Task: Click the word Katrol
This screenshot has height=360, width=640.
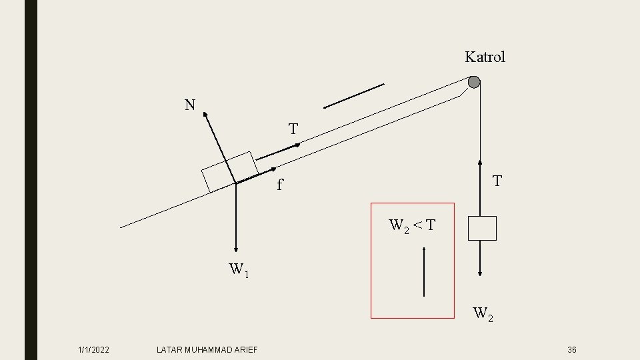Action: [x=485, y=57]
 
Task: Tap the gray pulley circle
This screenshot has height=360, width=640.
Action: [x=473, y=82]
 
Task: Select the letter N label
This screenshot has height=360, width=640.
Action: [x=191, y=105]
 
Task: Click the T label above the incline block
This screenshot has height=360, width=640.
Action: [x=293, y=128]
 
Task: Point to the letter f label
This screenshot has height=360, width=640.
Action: [x=281, y=185]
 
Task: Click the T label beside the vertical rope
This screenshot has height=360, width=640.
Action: [x=497, y=181]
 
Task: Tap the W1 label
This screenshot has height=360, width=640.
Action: [x=239, y=270]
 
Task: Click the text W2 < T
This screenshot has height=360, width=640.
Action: [x=412, y=225]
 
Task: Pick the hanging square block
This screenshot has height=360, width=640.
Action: [x=482, y=228]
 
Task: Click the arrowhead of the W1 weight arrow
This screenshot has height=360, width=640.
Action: [x=236, y=247]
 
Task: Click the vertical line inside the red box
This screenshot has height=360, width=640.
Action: [x=425, y=271]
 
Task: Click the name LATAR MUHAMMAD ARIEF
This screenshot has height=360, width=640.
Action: [x=207, y=350]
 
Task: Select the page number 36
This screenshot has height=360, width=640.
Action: [x=571, y=350]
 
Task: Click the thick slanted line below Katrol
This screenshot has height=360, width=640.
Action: [x=354, y=95]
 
